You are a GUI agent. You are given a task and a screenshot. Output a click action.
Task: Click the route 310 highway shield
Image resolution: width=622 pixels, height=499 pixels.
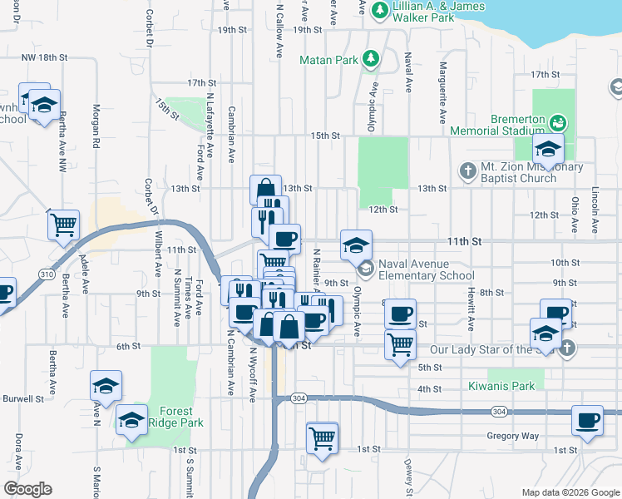[x=48, y=274]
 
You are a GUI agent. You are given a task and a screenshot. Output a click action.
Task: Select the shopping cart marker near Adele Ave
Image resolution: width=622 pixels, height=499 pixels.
[x=63, y=225]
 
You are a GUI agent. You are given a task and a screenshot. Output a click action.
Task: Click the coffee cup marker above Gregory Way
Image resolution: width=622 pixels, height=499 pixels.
[x=587, y=421]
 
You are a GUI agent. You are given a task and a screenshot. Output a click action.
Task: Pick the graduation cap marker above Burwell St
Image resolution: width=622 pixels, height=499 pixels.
[x=106, y=387]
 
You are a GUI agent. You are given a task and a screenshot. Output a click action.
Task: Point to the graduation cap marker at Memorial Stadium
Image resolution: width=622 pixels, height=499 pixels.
[x=548, y=150]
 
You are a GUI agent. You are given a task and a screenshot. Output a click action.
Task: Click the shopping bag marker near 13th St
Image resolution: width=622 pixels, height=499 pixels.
[x=264, y=190]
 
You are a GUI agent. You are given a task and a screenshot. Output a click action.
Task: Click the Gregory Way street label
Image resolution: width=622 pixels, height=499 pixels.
[x=514, y=436]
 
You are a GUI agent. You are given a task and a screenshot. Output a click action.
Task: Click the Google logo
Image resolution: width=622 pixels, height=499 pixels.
[x=27, y=489]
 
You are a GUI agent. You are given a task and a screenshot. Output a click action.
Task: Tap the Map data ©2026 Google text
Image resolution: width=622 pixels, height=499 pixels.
[x=570, y=492]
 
